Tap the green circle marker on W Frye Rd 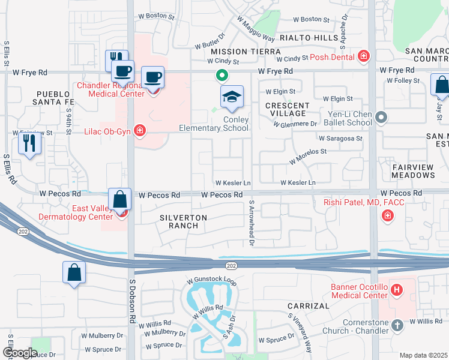point(221,76)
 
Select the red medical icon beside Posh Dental point(363,57)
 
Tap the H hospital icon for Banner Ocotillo point(396,290)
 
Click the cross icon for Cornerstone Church point(396,325)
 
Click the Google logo point(20,353)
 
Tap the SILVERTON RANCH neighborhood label point(184,221)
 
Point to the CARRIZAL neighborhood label point(309,305)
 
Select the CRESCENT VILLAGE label point(288,110)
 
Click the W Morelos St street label point(307,156)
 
